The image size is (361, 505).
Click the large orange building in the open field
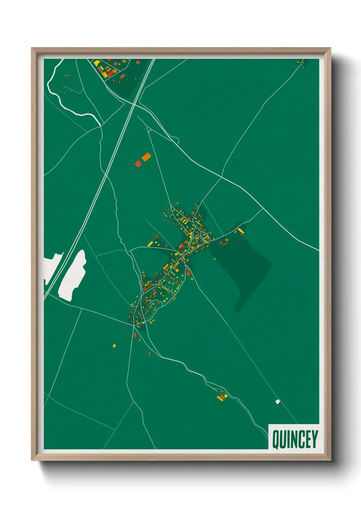click(x=146, y=157)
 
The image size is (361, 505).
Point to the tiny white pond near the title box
click(x=278, y=402)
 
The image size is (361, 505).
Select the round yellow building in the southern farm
click(x=226, y=396)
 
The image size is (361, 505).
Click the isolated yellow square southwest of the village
click(x=114, y=346)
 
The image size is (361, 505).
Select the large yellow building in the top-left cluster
click(x=97, y=62)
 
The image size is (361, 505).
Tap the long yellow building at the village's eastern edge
click(x=241, y=231)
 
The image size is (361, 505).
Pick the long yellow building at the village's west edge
click(x=150, y=244)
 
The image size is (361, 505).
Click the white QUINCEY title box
click(x=293, y=437)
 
